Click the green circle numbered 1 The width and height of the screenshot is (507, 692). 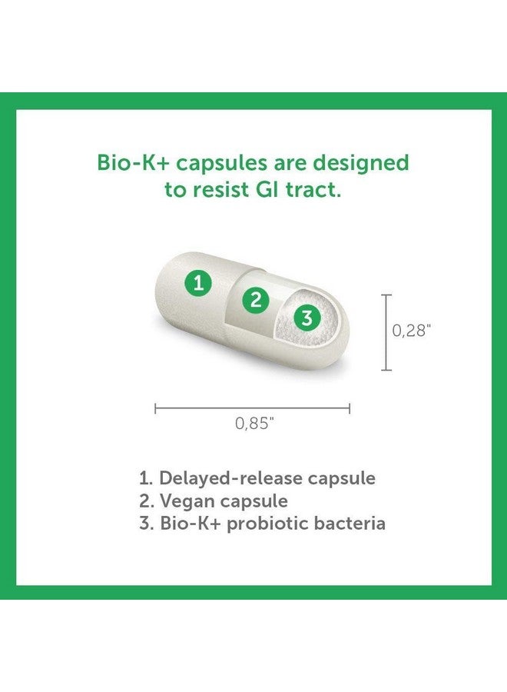point(199,283)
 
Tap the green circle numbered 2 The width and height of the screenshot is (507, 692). point(256,300)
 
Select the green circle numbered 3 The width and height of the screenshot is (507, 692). point(307,317)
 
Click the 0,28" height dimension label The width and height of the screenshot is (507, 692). point(412,331)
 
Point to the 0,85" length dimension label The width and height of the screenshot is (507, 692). point(253,424)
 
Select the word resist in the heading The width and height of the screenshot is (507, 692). point(220,190)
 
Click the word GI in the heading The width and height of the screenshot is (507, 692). point(269,190)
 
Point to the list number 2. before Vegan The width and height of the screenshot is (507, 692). point(146,501)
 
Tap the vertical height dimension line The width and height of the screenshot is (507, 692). point(386,332)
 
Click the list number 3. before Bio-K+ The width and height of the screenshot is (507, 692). point(146,524)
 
